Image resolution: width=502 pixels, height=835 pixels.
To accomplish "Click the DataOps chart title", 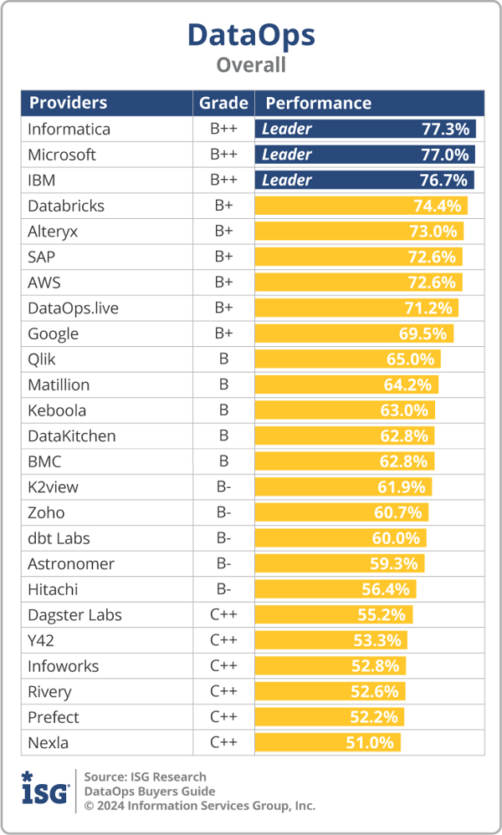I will pyautogui.click(x=251, y=34).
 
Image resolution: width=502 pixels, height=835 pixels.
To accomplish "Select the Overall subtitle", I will pyautogui.click(x=251, y=64).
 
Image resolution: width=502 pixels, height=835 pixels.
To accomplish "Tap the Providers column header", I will pyautogui.click(x=68, y=103).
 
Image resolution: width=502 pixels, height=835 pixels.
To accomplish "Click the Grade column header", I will pyautogui.click(x=223, y=103).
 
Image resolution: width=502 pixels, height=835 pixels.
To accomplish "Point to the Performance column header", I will pyautogui.click(x=318, y=103).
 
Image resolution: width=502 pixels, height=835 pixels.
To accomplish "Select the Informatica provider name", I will pyautogui.click(x=69, y=129).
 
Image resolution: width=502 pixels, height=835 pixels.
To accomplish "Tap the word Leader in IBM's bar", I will pyautogui.click(x=286, y=180).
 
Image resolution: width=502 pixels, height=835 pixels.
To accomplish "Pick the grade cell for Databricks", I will pyautogui.click(x=223, y=206).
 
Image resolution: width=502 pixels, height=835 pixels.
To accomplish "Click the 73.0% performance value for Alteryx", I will pyautogui.click(x=433, y=232).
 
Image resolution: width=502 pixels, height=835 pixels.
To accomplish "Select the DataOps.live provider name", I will pyautogui.click(x=73, y=308).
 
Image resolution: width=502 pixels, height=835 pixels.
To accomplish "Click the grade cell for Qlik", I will pyautogui.click(x=223, y=359).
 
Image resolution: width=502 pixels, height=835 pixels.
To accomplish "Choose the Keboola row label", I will pyautogui.click(x=57, y=410).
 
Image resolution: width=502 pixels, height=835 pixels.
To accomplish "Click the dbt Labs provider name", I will pyautogui.click(x=59, y=538).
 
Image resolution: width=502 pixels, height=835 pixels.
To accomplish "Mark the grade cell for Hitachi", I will pyautogui.click(x=223, y=589).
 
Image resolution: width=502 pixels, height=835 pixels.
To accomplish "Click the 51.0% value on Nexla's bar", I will pyautogui.click(x=371, y=742).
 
